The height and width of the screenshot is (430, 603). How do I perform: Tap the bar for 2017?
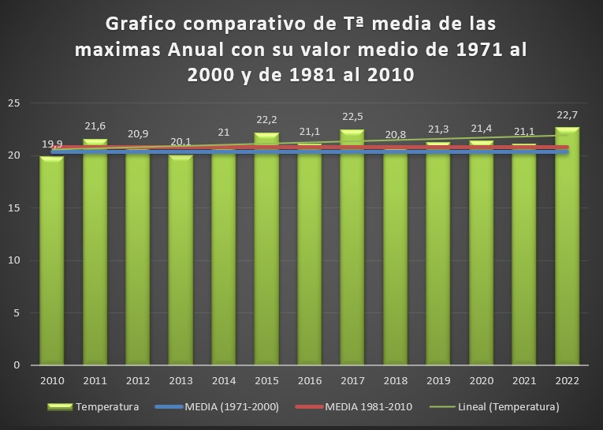tap(352, 252)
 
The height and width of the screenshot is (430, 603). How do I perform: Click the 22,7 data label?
tap(567, 115)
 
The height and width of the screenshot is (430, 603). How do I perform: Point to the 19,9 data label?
tap(52, 144)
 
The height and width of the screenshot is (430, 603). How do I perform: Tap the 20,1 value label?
tap(181, 142)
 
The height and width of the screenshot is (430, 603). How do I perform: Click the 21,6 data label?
tap(95, 126)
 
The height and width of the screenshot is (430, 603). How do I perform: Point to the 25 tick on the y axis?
tap(14, 103)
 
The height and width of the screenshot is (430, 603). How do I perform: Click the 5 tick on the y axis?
tap(17, 313)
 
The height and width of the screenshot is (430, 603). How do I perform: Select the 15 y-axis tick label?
tap(14, 208)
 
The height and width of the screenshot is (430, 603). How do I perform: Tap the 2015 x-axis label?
tap(266, 380)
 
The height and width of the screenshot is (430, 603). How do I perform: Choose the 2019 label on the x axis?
tap(438, 380)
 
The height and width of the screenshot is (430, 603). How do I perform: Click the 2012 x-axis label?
tap(137, 380)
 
